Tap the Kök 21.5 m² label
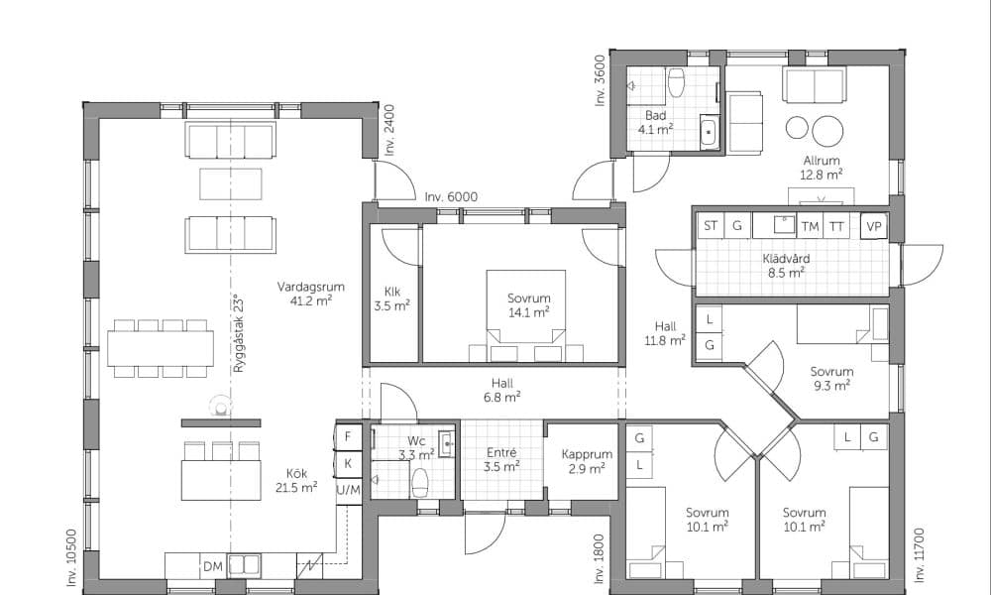[296, 481]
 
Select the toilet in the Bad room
[676, 83]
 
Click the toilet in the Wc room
[420, 483]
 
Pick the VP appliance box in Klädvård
[874, 226]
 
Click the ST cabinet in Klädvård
[711, 226]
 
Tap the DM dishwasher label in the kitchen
[213, 566]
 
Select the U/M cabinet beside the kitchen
[348, 490]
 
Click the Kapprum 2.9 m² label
[587, 461]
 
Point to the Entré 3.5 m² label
[501, 460]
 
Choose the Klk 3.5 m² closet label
[392, 299]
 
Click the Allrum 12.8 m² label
[822, 168]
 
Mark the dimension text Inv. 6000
[451, 197]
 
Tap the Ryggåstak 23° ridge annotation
[238, 333]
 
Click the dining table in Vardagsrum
[161, 348]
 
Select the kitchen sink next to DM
[244, 564]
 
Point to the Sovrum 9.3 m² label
[831, 379]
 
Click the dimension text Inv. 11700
[920, 554]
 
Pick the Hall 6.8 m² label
[502, 390]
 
